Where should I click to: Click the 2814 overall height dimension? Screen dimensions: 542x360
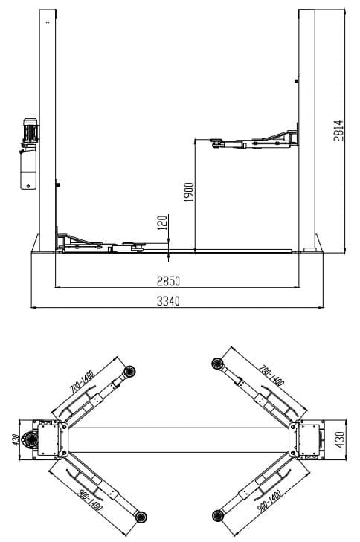tap(338, 131)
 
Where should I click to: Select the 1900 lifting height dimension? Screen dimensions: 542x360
tap(189, 193)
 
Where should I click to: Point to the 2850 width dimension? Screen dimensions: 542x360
tap(169, 281)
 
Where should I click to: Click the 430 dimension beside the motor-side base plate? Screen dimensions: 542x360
tap(13, 442)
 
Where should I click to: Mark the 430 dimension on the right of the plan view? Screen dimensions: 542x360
tap(341, 442)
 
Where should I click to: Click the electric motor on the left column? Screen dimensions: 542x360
tap(30, 131)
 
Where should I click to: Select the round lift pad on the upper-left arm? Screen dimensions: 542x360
tap(131, 370)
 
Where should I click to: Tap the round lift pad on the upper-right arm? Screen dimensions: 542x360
tap(218, 364)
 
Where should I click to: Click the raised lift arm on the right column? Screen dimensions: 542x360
tap(253, 141)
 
